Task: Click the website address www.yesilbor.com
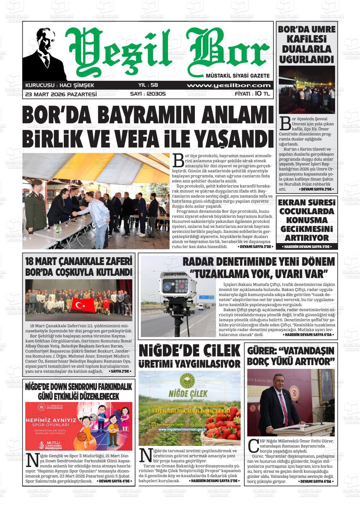(x=228, y=85)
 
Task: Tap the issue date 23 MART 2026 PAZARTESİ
(x=61, y=94)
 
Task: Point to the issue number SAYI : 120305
(x=148, y=94)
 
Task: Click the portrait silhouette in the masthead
(x=44, y=54)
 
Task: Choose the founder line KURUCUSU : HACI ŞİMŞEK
(x=60, y=85)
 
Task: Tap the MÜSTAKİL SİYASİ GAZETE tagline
(x=237, y=76)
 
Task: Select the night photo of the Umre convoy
(x=306, y=90)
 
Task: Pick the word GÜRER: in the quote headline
(x=261, y=351)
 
